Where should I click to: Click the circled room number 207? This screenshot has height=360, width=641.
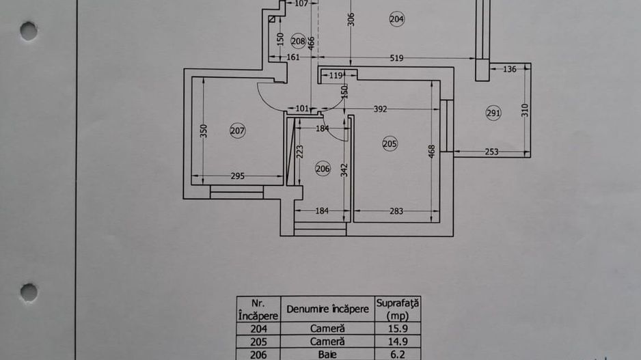coord(237,131)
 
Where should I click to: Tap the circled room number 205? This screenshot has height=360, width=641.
coord(390,143)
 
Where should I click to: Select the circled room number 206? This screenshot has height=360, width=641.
coord(323,168)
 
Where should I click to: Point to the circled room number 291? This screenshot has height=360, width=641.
coord(493,113)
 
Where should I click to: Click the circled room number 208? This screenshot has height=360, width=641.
coord(297,40)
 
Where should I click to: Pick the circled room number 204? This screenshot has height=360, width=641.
coord(397,19)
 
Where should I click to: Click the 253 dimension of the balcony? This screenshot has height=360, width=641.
coord(491,152)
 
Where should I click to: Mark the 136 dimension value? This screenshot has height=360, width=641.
coord(509,68)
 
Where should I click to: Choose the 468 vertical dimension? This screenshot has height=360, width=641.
coord(431,151)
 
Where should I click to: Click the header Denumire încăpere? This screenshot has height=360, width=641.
coord(327,309)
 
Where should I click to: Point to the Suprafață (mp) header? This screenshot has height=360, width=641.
coord(397,308)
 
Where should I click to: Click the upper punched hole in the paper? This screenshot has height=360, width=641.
coord(29,30)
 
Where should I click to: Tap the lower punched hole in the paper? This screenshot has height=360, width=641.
coord(29,292)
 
